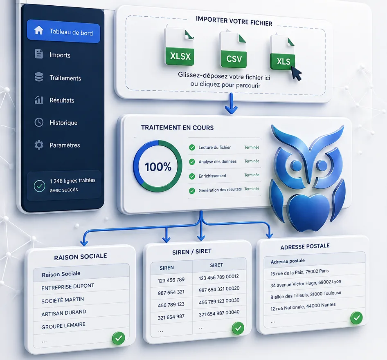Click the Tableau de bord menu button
[63, 31]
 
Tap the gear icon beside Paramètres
[39, 145]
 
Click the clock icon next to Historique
[39, 122]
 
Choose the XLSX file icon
[180, 47]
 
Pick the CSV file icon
[233, 50]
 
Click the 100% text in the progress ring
[158, 167]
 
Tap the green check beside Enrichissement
[192, 176]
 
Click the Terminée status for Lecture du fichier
[252, 147]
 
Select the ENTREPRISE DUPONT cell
[67, 286]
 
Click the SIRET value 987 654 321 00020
[219, 289]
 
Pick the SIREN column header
[166, 268]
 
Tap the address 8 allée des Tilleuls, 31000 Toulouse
[306, 295]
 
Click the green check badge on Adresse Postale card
[356, 318]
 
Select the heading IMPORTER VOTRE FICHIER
[234, 21]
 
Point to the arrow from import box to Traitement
[231, 103]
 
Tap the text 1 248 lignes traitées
[72, 181]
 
